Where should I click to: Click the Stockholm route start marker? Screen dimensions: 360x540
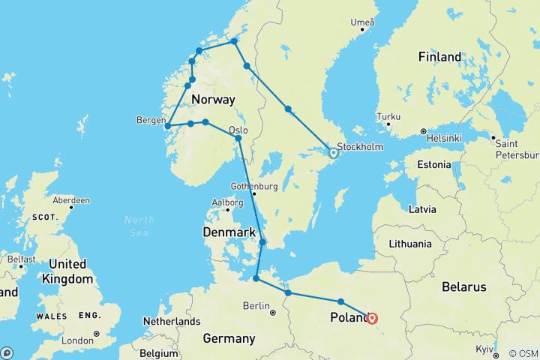(x=334, y=153)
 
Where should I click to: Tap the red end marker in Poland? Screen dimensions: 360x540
(x=372, y=318)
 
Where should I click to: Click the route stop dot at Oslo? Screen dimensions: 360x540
(x=238, y=139)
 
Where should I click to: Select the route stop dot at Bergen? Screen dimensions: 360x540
(x=168, y=126)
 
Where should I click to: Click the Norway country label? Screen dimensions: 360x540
(x=213, y=100)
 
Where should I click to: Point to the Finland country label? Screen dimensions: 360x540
(x=439, y=57)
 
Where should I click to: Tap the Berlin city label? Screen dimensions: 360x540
(x=255, y=305)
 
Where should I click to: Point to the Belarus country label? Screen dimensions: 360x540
(x=463, y=287)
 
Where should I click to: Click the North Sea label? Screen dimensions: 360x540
(x=139, y=226)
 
